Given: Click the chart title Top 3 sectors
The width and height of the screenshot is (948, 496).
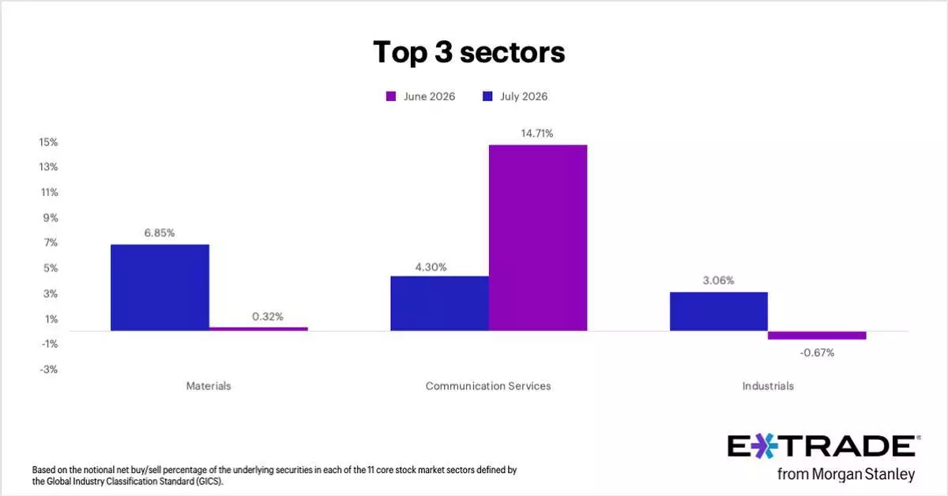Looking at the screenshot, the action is (x=469, y=52).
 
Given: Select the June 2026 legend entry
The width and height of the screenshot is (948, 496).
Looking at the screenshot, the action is (x=420, y=96).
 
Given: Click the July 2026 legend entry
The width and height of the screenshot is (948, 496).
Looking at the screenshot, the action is (x=515, y=96).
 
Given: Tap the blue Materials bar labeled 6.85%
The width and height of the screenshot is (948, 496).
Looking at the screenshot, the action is (x=160, y=287).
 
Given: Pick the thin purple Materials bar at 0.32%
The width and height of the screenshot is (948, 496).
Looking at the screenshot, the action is (x=258, y=329).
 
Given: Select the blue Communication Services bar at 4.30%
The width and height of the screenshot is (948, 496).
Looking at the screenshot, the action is (x=440, y=303).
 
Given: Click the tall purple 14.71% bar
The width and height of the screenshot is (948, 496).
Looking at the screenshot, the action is (x=538, y=238).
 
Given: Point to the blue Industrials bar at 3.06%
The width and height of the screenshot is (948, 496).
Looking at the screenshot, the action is (x=719, y=311).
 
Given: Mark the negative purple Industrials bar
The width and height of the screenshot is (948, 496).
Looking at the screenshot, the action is (x=817, y=335).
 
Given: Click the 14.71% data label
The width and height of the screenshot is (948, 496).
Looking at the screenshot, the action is (x=537, y=133).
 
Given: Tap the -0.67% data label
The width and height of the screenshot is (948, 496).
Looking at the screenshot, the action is (x=817, y=352).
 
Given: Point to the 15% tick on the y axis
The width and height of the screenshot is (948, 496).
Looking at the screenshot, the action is (x=49, y=142).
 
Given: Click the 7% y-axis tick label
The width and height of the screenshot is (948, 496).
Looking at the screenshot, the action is (x=51, y=242).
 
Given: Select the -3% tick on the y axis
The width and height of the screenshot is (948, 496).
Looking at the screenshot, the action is (x=49, y=370).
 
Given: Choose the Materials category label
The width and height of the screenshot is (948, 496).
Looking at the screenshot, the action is (x=209, y=386).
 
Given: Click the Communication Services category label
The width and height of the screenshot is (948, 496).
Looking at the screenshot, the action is (x=488, y=386).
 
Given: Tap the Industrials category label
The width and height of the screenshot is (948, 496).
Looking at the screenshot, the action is (x=768, y=386).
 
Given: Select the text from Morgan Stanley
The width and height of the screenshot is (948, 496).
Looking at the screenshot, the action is (x=846, y=474).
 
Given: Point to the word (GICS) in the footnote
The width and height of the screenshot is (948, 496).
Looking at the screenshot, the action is (x=209, y=482).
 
